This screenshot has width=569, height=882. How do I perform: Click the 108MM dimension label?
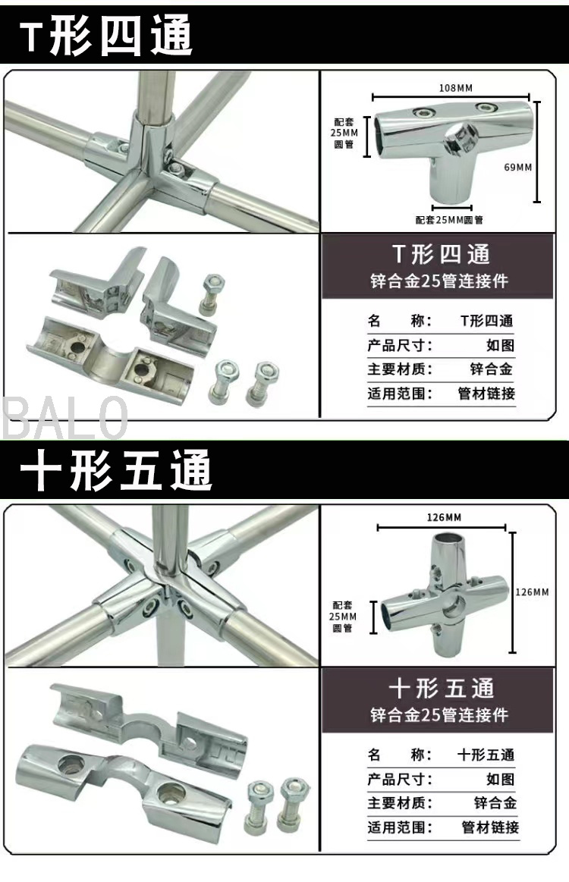click(455, 88)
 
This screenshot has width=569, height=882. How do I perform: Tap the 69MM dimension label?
click(517, 167)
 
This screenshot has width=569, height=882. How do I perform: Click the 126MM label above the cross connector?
click(444, 517)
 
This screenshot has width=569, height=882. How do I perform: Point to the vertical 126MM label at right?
click(532, 592)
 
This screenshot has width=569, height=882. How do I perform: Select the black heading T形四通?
click(106, 36)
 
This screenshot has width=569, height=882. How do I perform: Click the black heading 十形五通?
click(116, 470)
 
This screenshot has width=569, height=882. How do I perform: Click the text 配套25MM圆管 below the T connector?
click(449, 219)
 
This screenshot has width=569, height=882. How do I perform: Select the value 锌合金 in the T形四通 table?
click(492, 369)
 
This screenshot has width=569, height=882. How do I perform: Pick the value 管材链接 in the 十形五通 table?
click(490, 827)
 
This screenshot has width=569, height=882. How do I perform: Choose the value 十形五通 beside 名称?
click(486, 755)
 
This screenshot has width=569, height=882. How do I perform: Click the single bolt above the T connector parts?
click(211, 293)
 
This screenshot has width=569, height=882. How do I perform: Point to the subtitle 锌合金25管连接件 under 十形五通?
click(439, 714)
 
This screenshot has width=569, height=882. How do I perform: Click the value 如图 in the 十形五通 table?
click(500, 779)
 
